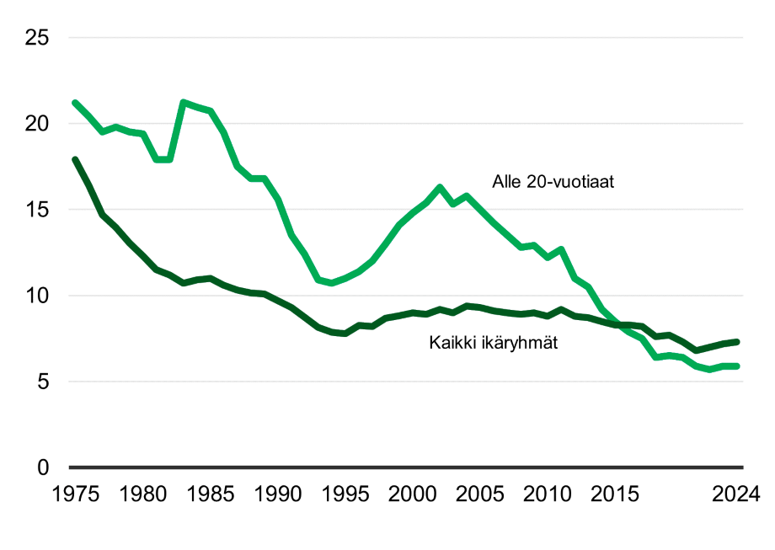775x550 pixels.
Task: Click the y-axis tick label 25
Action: (x=37, y=38)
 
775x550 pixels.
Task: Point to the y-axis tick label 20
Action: (x=37, y=124)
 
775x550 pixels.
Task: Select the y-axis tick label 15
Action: (x=37, y=210)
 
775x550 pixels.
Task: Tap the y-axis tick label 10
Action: (x=37, y=296)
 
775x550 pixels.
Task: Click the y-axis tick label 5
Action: (x=43, y=382)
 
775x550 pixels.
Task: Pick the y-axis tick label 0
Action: (x=43, y=467)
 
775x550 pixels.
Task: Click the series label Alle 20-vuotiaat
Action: (x=553, y=182)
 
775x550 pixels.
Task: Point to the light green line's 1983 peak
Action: (x=184, y=103)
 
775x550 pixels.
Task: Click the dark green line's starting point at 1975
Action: (x=75, y=159)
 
